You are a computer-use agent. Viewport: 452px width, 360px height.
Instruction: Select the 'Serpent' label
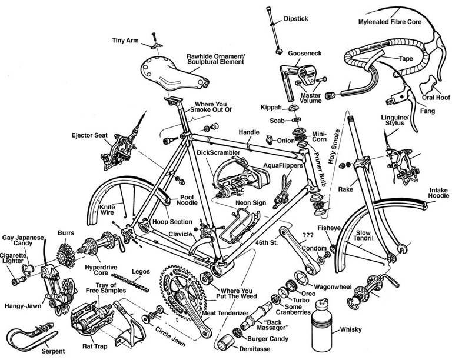click(x=53, y=352)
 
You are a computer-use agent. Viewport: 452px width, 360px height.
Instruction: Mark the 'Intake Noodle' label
click(x=433, y=194)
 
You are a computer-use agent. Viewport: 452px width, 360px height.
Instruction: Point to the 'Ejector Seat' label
click(x=89, y=135)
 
